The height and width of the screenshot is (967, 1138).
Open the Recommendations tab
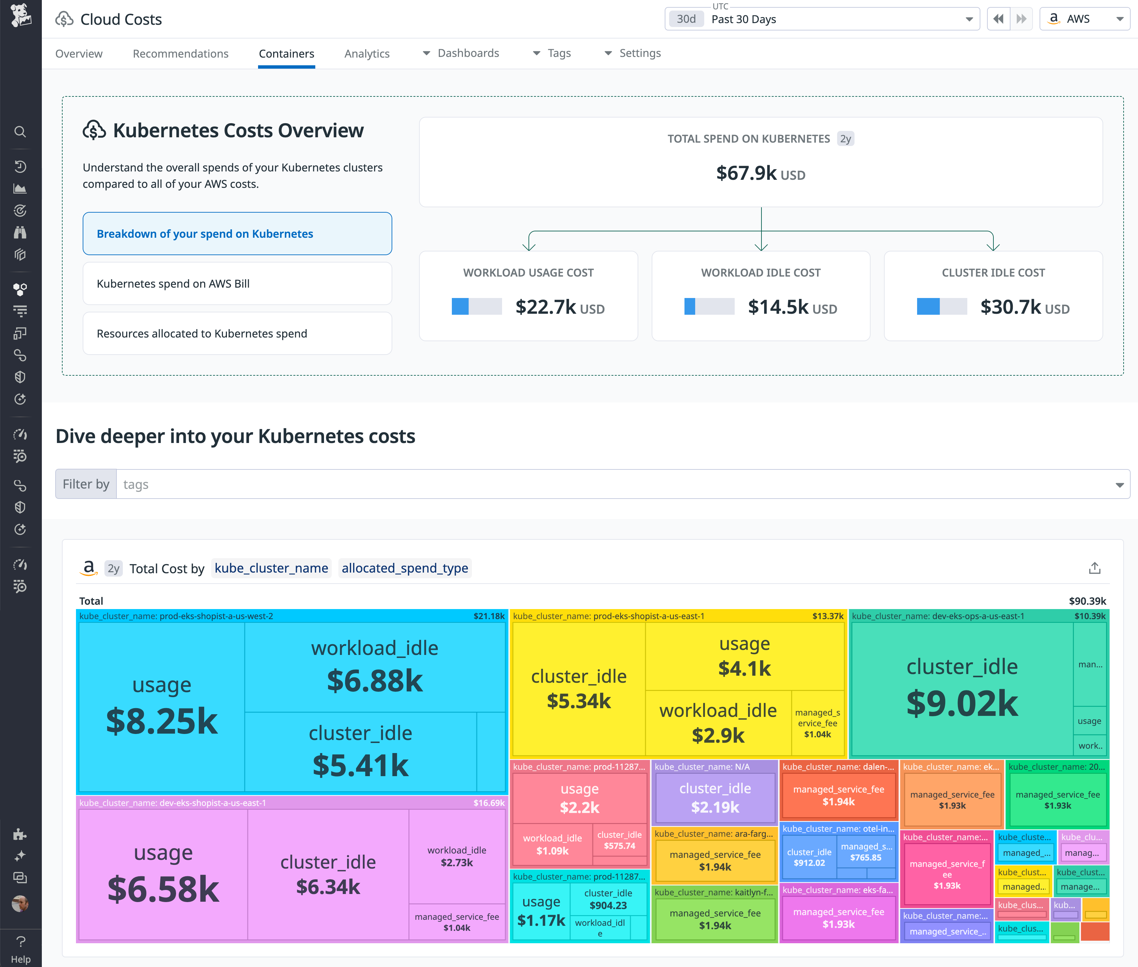click(x=180, y=54)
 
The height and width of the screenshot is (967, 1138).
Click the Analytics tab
click(x=367, y=54)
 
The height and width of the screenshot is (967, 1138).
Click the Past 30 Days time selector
click(x=822, y=19)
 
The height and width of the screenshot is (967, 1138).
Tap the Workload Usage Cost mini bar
click(x=476, y=306)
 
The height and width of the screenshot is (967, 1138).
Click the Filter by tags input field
click(x=614, y=484)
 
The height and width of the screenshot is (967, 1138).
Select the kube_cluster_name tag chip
click(x=271, y=569)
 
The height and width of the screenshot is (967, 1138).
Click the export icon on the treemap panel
click(x=1094, y=569)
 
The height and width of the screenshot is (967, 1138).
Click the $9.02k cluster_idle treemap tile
click(x=962, y=688)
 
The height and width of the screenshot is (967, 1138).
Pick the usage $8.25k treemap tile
click(x=162, y=707)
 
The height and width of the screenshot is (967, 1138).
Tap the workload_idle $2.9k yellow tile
click(x=718, y=723)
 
